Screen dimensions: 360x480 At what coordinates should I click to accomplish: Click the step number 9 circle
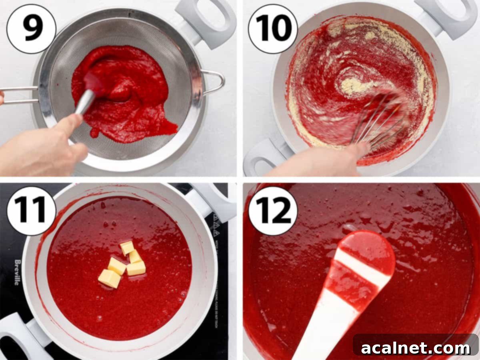[x=31, y=29]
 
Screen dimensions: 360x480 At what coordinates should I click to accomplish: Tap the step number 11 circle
[x=31, y=211]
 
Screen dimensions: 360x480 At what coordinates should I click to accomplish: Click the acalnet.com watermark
[x=416, y=348]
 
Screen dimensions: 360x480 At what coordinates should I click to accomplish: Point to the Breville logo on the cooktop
[x=17, y=272]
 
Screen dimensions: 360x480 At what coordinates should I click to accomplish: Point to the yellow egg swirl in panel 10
[x=352, y=84]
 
